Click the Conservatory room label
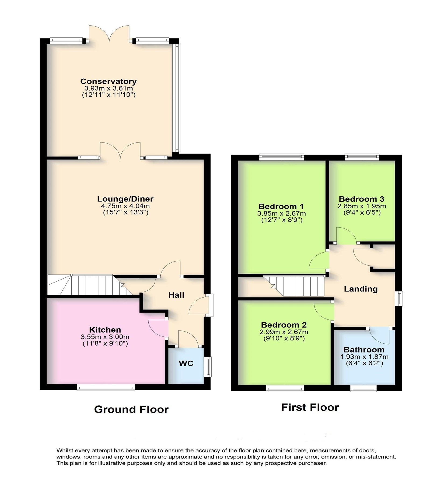click(108, 81)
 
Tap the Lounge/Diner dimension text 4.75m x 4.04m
click(125, 206)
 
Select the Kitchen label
click(105, 330)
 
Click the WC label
click(186, 363)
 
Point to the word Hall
click(176, 295)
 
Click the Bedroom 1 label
click(281, 207)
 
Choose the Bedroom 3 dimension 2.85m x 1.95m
click(361, 206)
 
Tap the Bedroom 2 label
click(284, 325)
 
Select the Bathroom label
click(364, 350)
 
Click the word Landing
click(361, 289)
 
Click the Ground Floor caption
click(131, 409)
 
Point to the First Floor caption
click(310, 407)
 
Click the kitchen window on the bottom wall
click(106, 388)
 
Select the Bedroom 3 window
click(362, 157)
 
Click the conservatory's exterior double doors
click(109, 34)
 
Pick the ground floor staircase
click(86, 285)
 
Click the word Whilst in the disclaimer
click(65, 450)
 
